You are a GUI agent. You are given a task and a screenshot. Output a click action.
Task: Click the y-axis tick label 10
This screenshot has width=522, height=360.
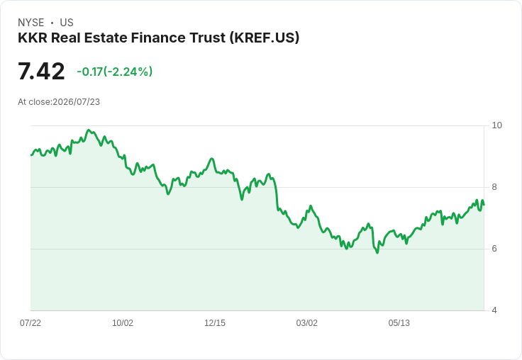coord(496,125)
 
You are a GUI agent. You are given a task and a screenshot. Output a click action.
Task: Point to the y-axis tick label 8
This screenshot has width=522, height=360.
coord(494,187)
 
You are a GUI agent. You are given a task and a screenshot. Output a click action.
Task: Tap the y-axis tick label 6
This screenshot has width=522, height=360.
coord(494,249)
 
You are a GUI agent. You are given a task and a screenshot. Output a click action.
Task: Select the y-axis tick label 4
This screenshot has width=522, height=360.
coord(494,310)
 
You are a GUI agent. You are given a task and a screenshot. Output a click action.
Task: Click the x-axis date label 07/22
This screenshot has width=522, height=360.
coord(30,323)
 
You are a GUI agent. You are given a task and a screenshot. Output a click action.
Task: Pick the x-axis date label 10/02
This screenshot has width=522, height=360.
coord(123,323)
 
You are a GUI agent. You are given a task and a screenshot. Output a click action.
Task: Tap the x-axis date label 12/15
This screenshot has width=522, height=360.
coord(215,323)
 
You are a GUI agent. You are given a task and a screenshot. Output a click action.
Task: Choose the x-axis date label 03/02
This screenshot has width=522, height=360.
coord(306,323)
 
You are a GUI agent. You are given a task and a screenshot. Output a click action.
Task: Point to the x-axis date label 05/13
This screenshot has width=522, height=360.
coord(399,323)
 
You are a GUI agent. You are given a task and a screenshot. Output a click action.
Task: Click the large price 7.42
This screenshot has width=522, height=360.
coord(41,71)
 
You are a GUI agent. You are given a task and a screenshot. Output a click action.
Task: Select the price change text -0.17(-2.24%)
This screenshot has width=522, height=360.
coord(114,72)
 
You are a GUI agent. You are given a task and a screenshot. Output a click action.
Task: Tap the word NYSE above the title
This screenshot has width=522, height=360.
coord(31,23)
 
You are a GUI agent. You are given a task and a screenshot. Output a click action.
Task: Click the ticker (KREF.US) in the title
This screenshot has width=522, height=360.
coord(265,38)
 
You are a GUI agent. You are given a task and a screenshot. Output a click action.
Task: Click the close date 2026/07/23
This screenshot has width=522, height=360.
coord(76,102)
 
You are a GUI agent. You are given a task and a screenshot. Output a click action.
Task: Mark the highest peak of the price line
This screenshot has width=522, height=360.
coord(89,130)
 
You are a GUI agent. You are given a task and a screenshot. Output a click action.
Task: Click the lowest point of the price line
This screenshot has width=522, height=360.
coord(377,253)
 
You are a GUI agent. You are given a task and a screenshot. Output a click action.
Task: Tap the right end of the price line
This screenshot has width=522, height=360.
coord(484,205)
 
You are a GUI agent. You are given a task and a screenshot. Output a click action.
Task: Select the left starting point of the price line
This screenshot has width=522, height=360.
coord(31,155)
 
